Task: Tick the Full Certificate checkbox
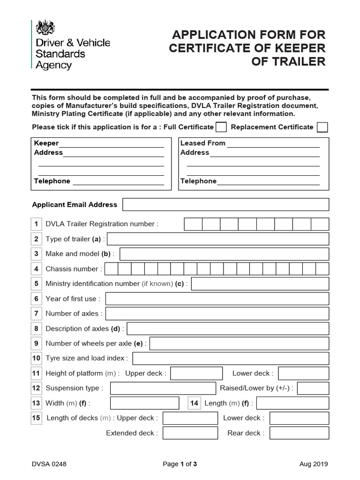tap(221, 127)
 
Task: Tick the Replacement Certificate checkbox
tap(322, 127)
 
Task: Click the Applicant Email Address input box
tap(225, 204)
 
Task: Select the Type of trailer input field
tap(218, 239)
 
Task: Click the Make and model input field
tap(225, 254)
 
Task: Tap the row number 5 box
tap(36, 284)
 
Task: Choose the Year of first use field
tap(217, 299)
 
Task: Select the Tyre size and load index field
tap(231, 359)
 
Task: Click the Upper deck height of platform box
tap(196, 374)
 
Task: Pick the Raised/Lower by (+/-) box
tap(313, 388)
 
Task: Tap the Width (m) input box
tap(144, 403)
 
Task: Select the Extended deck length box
tap(190, 433)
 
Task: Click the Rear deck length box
tap(299, 433)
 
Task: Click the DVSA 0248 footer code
tap(49, 464)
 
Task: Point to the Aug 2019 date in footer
tap(314, 464)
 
